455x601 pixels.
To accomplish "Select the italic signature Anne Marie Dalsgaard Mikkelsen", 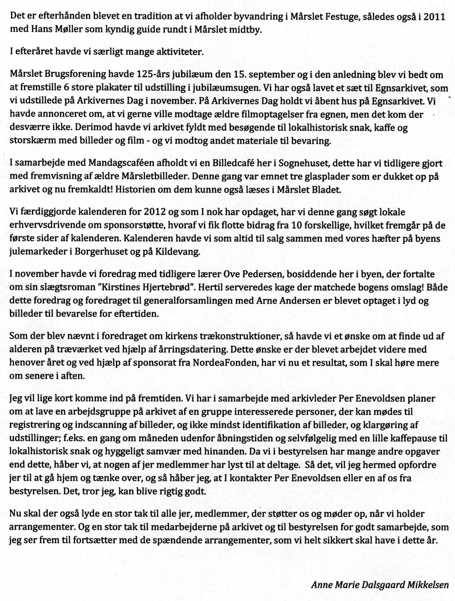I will point(380,584).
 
